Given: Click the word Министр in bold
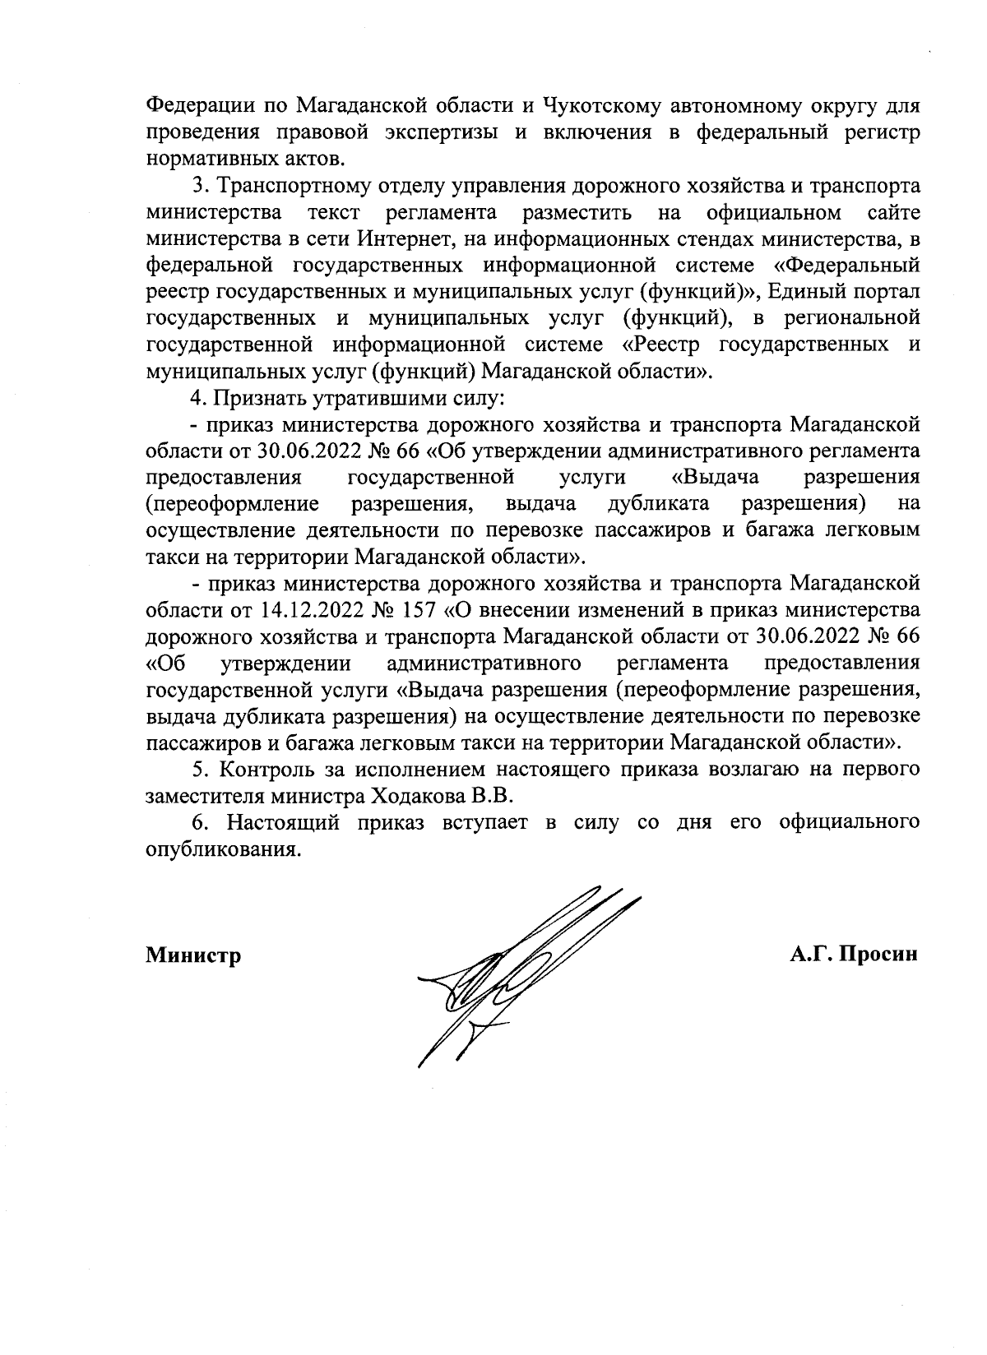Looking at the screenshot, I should (x=193, y=955).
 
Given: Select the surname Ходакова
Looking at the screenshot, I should (x=411, y=796).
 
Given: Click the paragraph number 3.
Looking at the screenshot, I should (x=198, y=186).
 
